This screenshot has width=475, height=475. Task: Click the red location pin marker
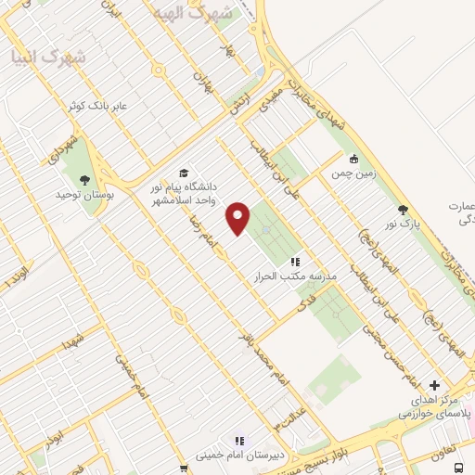238,217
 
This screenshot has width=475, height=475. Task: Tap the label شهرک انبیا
47,57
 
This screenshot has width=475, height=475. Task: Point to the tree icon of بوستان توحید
85,181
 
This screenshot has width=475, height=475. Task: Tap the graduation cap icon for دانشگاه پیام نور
184,173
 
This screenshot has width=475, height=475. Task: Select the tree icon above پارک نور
402,210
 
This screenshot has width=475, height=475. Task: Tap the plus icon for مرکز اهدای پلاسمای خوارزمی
435,384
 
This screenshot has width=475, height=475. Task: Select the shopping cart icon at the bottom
184,469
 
